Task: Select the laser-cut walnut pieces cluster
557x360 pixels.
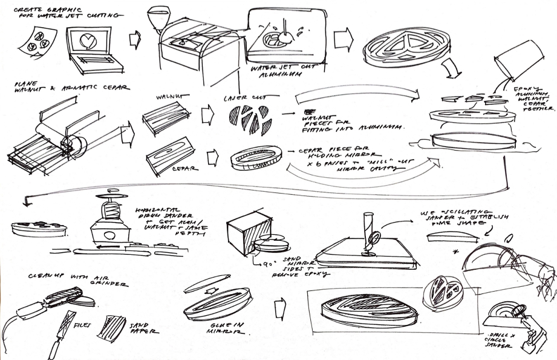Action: (246, 120)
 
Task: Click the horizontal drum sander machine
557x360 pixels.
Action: (109, 227)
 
